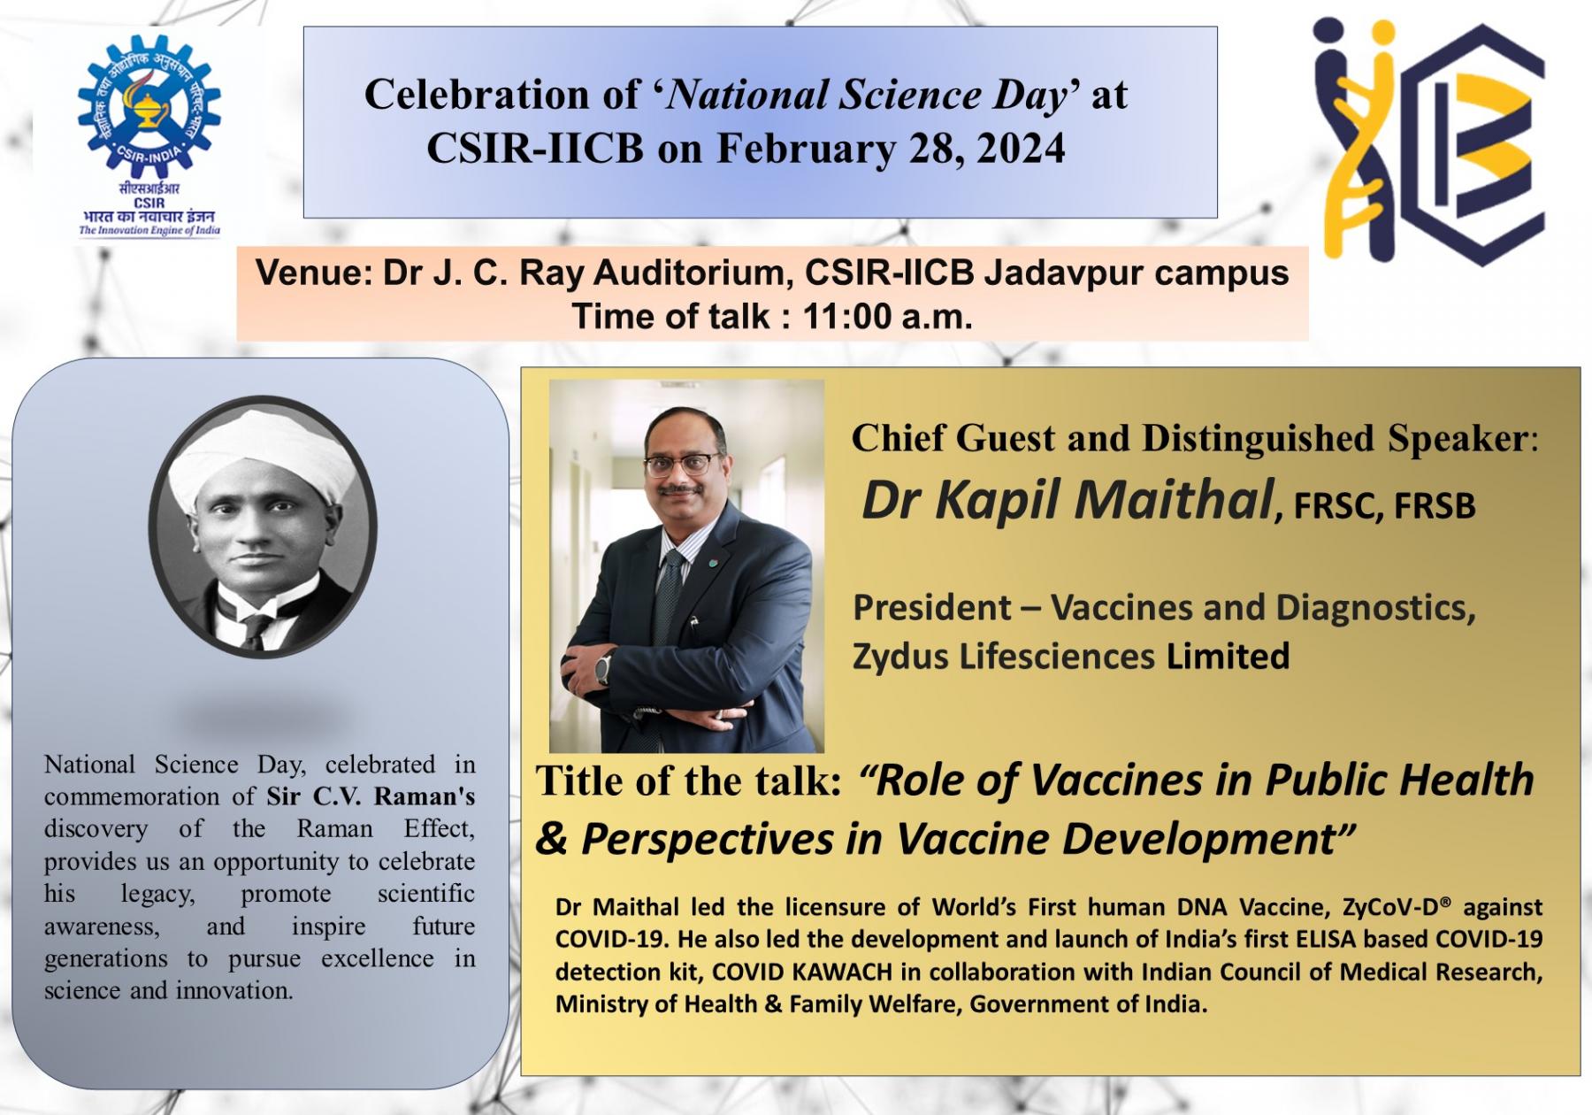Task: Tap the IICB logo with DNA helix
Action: pos(1429,142)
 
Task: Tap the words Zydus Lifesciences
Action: pos(1003,657)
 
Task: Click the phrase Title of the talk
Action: pos(688,781)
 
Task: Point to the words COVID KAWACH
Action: pos(801,972)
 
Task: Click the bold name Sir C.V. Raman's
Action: pos(371,796)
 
